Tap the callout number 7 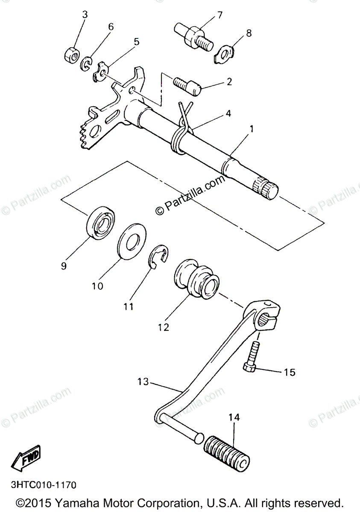point(220,16)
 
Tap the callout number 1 point(252,128)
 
